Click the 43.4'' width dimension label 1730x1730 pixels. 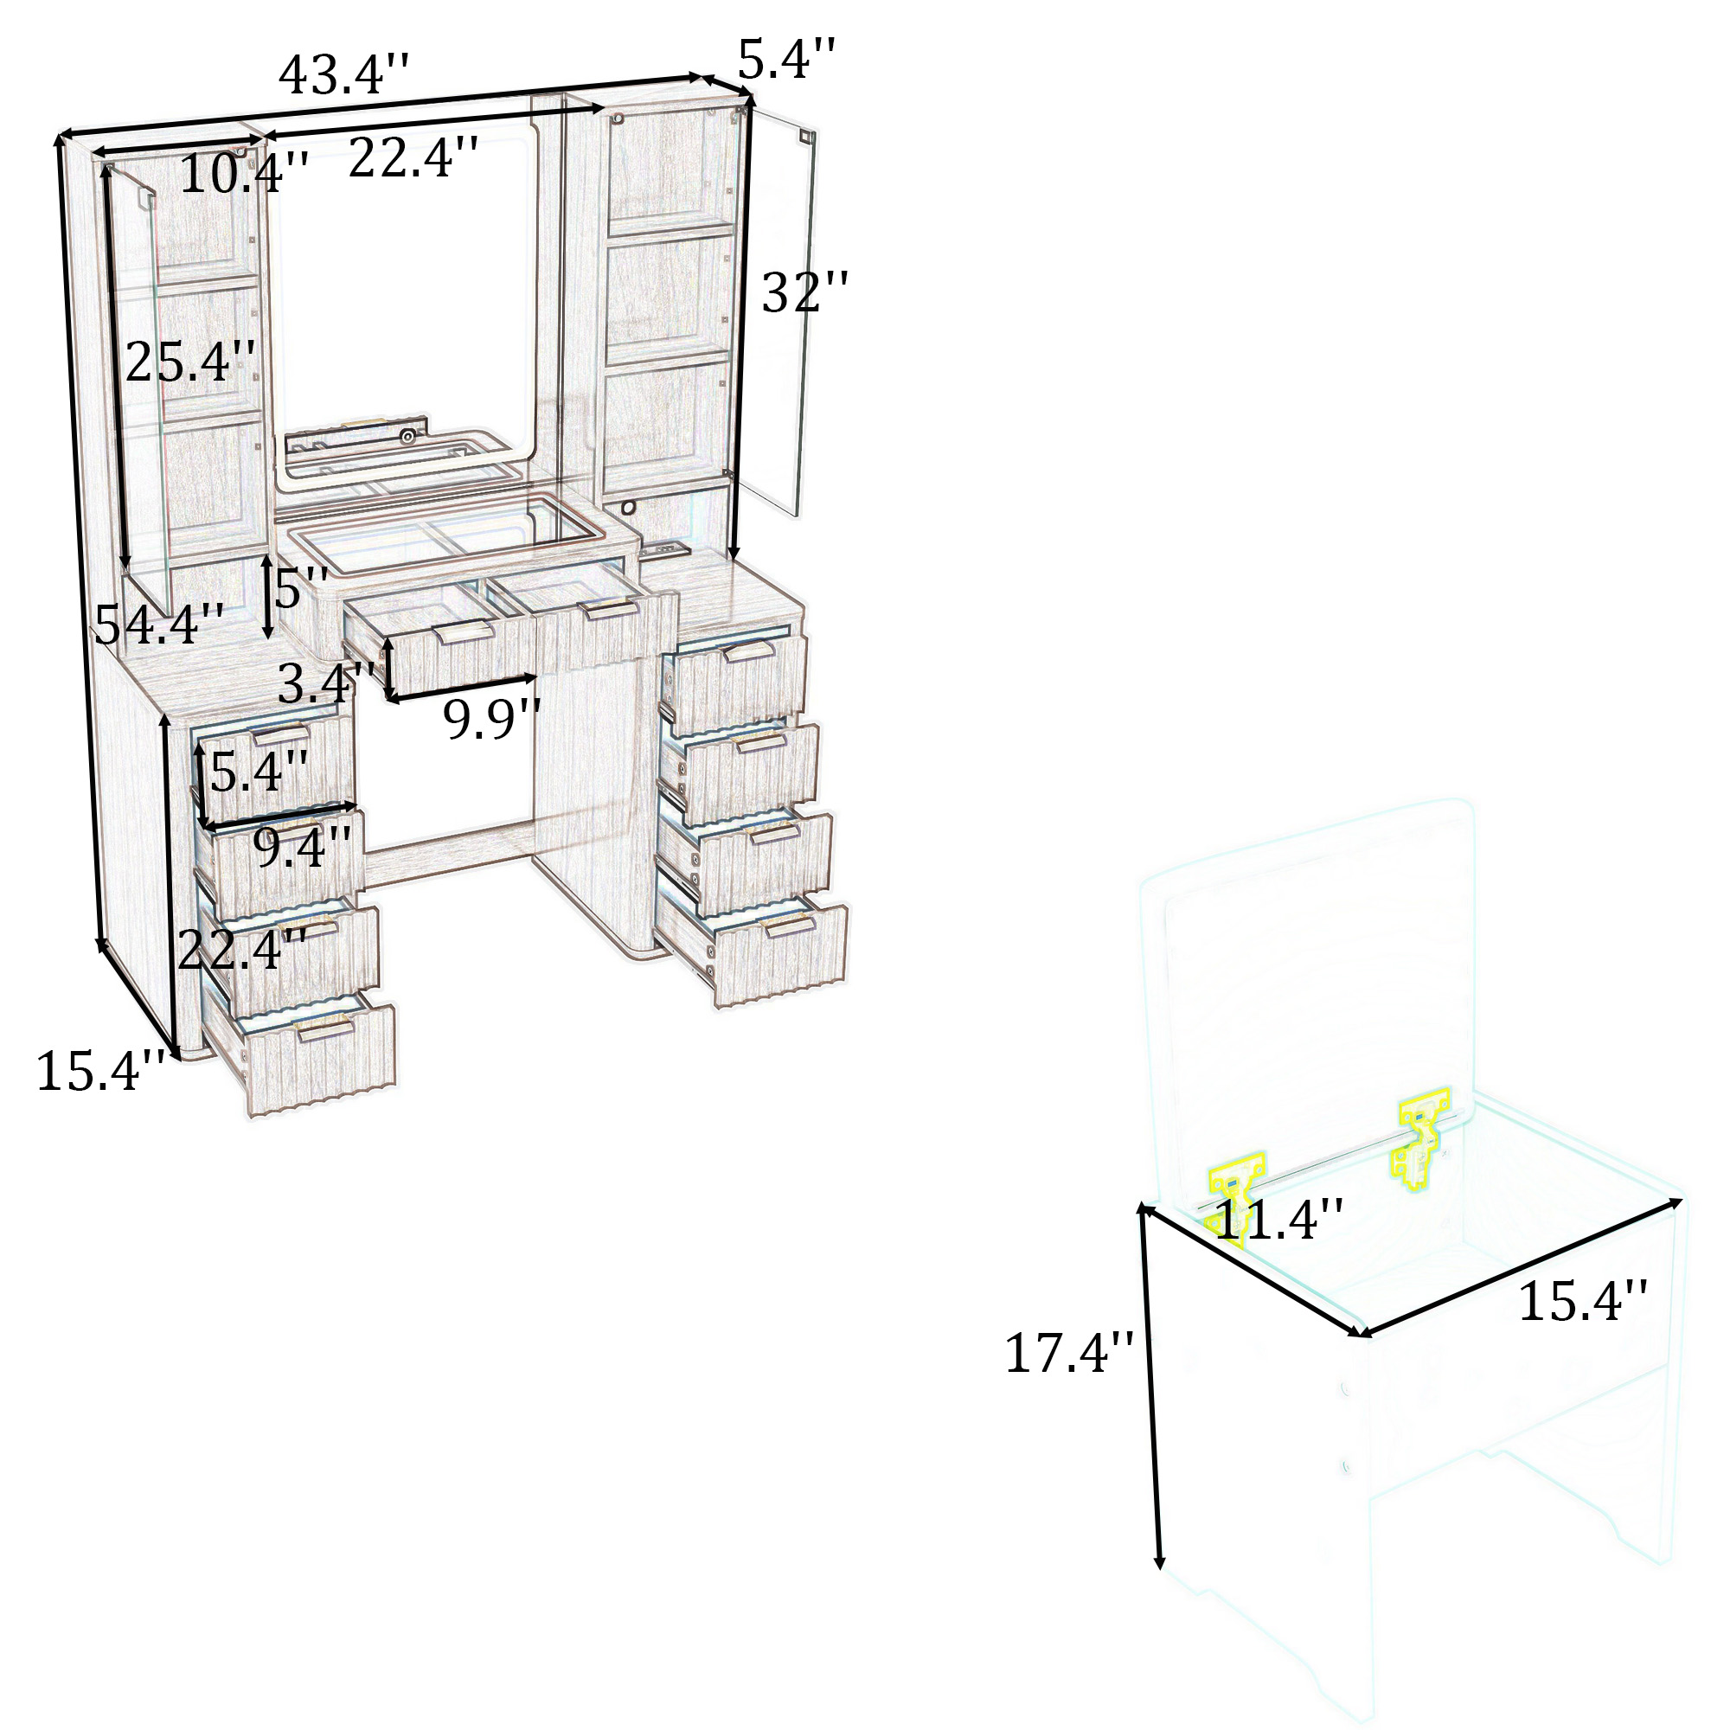[x=344, y=74]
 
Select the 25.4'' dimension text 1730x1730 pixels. [x=189, y=362]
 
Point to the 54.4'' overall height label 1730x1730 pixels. [x=158, y=625]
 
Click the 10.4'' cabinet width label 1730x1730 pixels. [x=245, y=173]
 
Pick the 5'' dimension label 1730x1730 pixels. [x=301, y=588]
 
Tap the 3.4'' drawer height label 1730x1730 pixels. [x=325, y=685]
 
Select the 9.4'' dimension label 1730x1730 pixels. [x=302, y=847]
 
